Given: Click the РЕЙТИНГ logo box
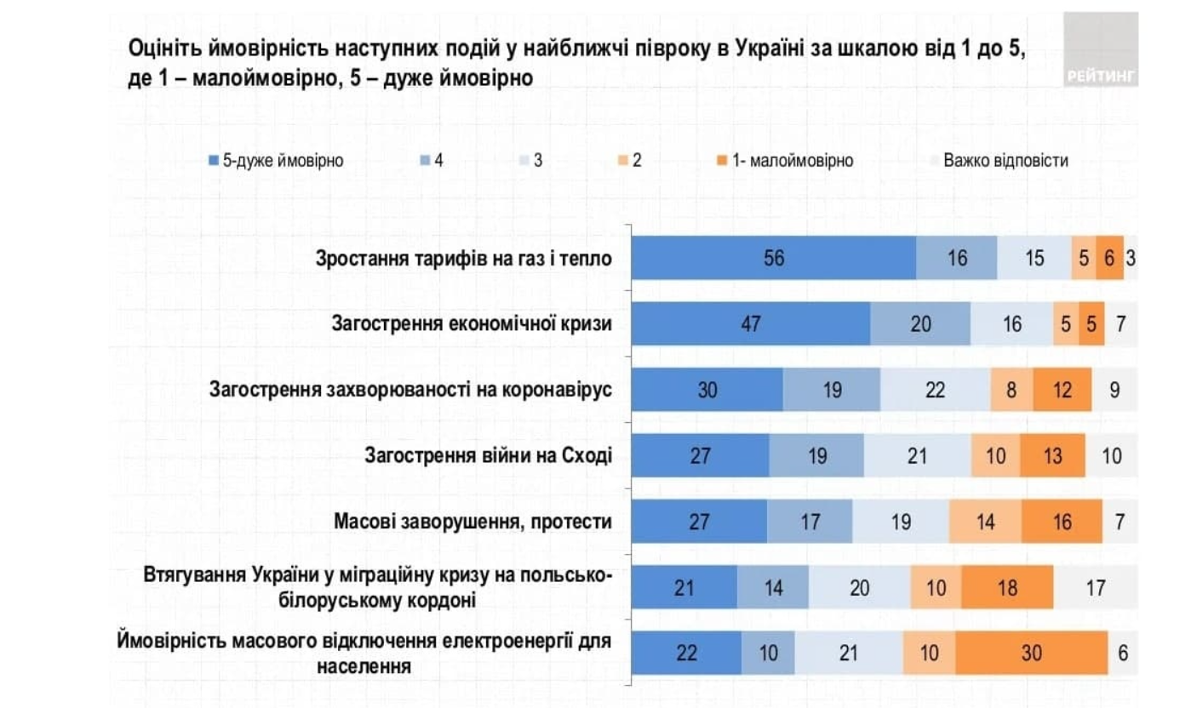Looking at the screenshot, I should [1101, 49].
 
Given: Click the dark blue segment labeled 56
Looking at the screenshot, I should [774, 258].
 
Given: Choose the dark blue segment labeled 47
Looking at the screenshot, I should [751, 324].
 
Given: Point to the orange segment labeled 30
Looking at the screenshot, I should [1031, 653].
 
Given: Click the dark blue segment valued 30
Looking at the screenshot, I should [707, 390].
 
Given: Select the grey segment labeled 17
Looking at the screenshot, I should [1095, 587].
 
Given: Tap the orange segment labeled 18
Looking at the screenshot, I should [1007, 587].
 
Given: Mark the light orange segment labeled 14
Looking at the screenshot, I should [985, 522].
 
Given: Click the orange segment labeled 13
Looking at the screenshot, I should [1053, 456].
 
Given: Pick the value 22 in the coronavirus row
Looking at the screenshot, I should [935, 390].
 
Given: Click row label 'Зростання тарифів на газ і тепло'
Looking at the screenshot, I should [463, 258].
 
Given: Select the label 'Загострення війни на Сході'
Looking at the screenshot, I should [488, 456].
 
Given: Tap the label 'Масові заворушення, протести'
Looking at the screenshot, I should [473, 522].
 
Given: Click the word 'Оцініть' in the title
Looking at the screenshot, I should [157, 49].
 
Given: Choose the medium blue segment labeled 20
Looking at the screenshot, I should [920, 324].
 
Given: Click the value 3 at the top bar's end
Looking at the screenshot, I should [1130, 258].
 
